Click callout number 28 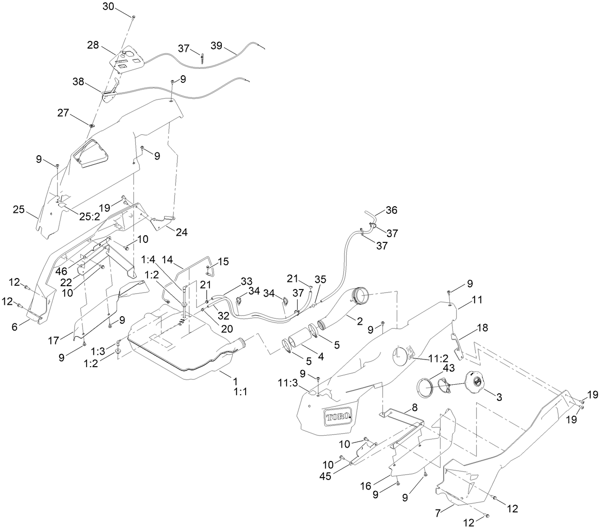(93, 45)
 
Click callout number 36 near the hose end (391, 210)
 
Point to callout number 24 (181, 233)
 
